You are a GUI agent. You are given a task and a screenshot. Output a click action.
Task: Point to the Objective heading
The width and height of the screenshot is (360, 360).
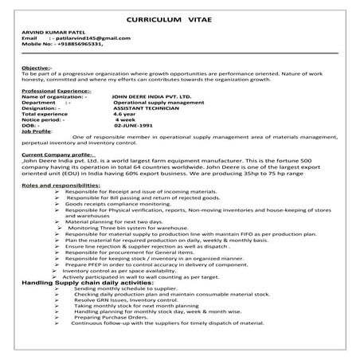pos(37,68)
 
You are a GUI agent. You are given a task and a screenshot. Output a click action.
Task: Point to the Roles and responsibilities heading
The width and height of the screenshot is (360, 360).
pos(61,185)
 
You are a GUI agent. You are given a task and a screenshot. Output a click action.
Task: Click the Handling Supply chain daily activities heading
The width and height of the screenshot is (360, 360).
pos(87,283)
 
